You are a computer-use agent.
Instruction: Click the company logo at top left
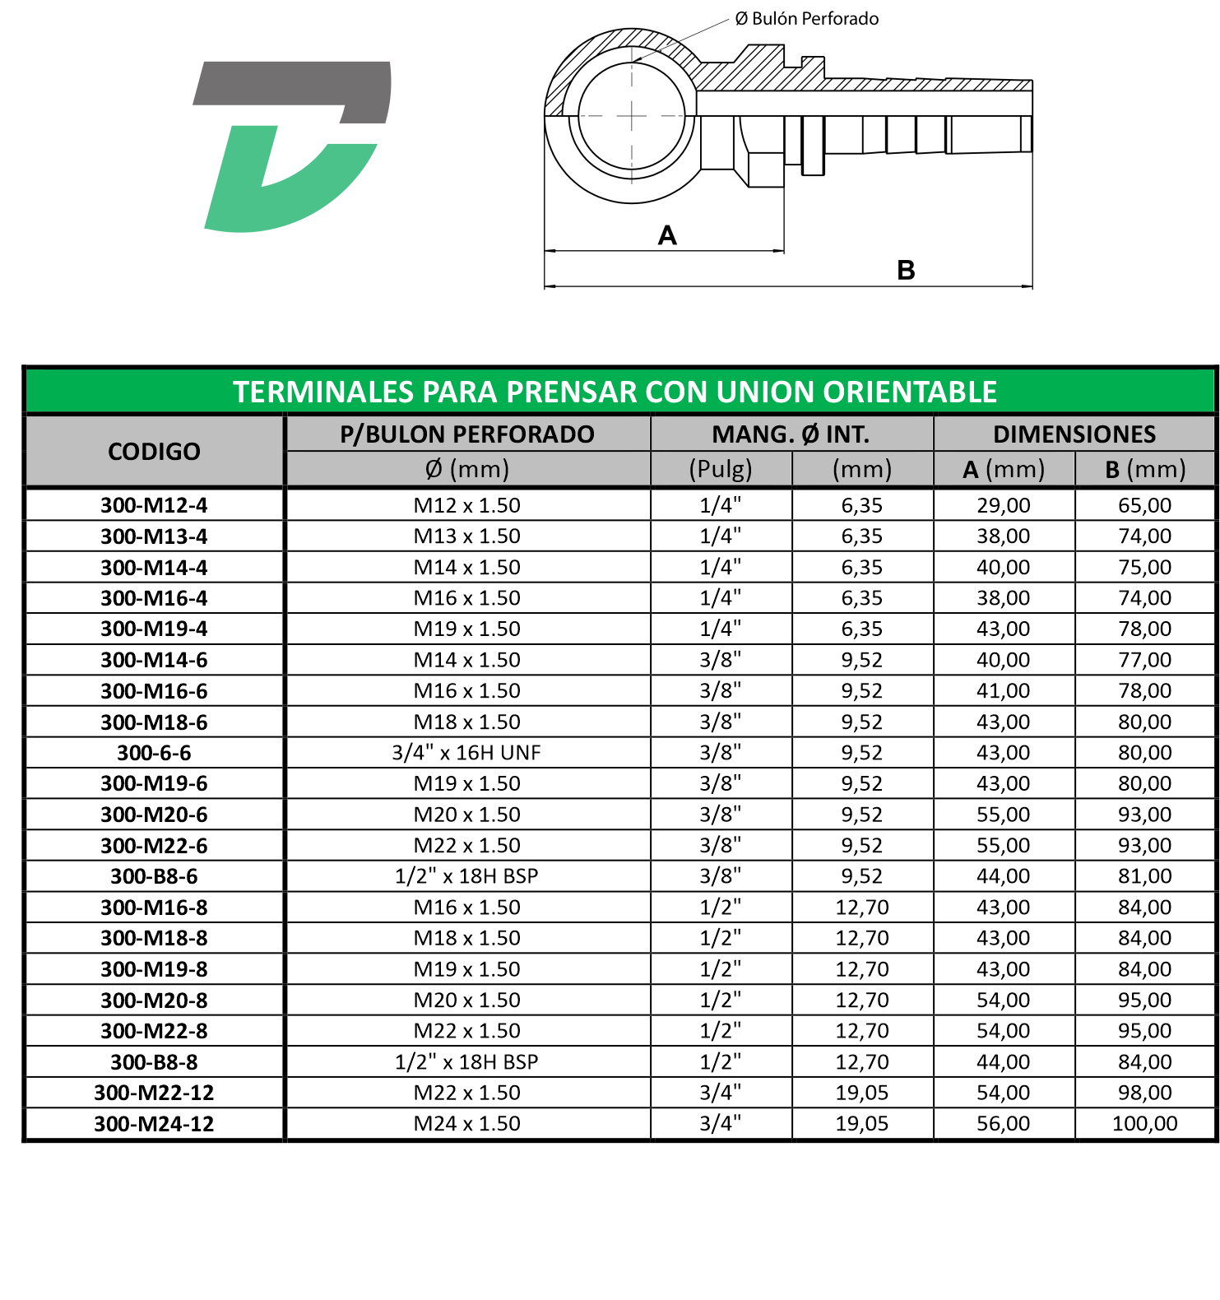292,146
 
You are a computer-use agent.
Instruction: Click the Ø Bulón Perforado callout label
806,19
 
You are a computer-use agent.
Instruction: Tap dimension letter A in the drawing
667,236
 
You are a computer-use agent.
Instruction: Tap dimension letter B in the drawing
906,271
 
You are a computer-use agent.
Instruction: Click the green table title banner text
615,392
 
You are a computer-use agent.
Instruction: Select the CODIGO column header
154,452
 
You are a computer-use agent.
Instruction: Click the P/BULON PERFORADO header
467,434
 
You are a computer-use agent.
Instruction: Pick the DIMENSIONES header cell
1074,434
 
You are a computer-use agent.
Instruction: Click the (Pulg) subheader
721,469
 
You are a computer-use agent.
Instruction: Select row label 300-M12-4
154,505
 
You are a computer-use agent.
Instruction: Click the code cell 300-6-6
154,753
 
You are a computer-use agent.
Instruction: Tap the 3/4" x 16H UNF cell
466,753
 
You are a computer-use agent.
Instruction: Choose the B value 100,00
1144,1124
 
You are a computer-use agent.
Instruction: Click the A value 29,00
1003,505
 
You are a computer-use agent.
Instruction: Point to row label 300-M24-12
154,1124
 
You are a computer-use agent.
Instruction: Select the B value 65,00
1144,505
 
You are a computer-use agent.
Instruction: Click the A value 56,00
1003,1124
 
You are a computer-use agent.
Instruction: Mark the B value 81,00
1144,876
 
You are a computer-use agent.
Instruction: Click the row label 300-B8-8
154,1062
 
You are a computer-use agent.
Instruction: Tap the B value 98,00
1144,1093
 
